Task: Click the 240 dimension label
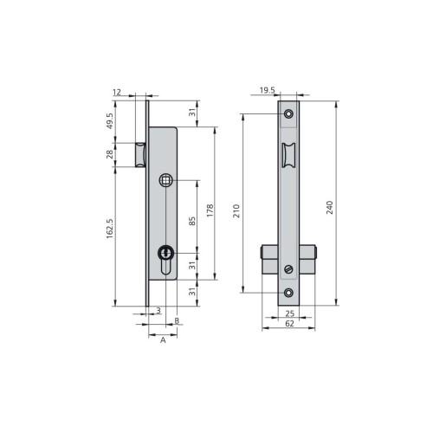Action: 329,207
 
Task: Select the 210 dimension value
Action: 236,210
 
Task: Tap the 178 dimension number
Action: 210,210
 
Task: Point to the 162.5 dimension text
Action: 110,229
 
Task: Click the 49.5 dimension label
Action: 110,121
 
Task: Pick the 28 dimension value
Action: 110,154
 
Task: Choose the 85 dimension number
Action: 192,221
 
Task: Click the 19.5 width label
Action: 267,90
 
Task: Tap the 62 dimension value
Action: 289,324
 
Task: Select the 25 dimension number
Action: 289,313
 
